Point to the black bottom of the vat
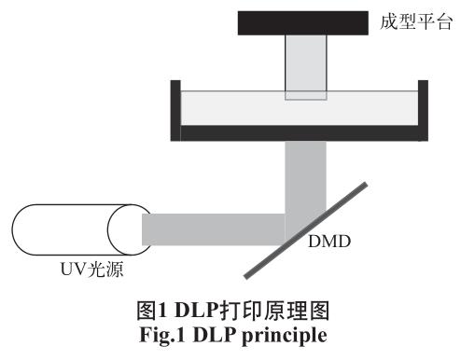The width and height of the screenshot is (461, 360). [x=299, y=133]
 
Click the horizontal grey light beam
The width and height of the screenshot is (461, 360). [x=215, y=228]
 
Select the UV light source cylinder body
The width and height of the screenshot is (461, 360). [x=65, y=229]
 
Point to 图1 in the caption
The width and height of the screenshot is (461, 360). [x=168, y=309]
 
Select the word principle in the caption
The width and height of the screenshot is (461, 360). [x=286, y=329]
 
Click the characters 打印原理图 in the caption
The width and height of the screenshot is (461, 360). [x=269, y=309]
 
